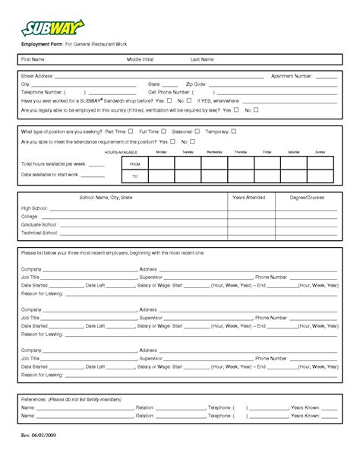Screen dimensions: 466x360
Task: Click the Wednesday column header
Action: pyautogui.click(x=215, y=152)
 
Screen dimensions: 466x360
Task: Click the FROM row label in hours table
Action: pyautogui.click(x=135, y=163)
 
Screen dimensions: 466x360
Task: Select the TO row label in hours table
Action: pyautogui.click(x=135, y=176)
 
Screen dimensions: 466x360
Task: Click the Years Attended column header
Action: pyautogui.click(x=249, y=197)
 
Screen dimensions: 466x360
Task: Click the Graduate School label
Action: pyautogui.click(x=40, y=224)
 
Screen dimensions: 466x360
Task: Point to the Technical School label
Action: pyautogui.click(x=40, y=233)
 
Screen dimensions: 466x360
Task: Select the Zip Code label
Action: pyautogui.click(x=196, y=84)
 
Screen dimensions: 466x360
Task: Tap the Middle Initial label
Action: pyautogui.click(x=141, y=59)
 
